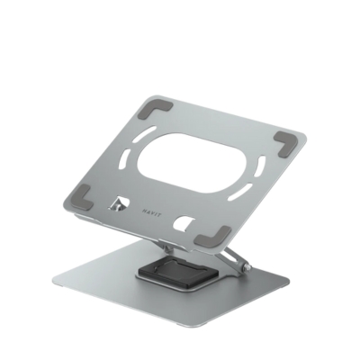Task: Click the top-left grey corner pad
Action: [148, 112]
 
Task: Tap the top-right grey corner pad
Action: [285, 141]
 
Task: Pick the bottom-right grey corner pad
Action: [214, 236]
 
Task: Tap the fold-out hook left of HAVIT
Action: [113, 207]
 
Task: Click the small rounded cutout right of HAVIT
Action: [185, 223]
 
